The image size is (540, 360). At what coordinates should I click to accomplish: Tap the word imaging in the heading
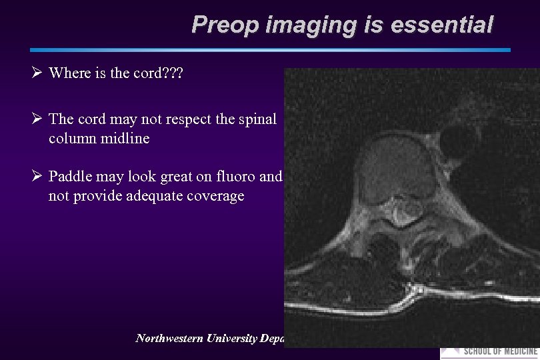point(309,25)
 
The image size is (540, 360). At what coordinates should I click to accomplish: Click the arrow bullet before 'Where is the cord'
point(37,73)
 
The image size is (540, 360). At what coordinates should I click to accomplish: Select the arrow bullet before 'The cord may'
point(37,119)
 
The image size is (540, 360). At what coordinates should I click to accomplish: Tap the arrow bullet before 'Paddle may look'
point(37,177)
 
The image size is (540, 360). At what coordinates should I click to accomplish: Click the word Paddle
point(71,177)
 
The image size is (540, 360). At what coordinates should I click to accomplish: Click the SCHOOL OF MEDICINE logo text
point(500,351)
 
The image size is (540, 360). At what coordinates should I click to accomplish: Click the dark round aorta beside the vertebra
point(459,140)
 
